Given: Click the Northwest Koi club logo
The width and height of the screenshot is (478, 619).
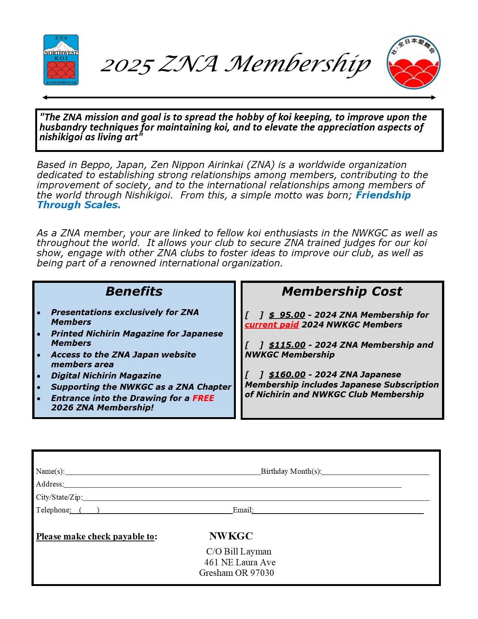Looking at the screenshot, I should [x=61, y=60].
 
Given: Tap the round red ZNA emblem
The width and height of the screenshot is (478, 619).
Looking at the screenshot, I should [x=414, y=62].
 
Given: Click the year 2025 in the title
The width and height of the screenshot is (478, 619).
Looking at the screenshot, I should [x=127, y=65].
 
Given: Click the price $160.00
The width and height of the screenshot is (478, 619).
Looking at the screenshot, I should [x=287, y=375].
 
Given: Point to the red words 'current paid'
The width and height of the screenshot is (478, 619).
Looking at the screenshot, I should [x=271, y=325].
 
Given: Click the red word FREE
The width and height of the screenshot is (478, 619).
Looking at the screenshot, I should [x=203, y=398].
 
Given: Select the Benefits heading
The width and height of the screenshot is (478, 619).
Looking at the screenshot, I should [x=134, y=291].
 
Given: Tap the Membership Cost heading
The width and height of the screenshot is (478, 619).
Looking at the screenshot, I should [x=342, y=291].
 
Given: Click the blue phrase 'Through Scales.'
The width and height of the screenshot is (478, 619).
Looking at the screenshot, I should [x=79, y=205].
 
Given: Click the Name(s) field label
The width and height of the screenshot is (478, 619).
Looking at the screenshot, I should [x=50, y=472].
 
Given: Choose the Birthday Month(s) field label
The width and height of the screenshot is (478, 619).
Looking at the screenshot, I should [x=291, y=472].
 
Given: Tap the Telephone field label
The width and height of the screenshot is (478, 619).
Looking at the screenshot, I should [x=53, y=510].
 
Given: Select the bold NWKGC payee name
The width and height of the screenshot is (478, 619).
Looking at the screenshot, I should [x=231, y=536].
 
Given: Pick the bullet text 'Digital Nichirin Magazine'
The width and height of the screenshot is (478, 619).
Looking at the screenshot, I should [x=106, y=376].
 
